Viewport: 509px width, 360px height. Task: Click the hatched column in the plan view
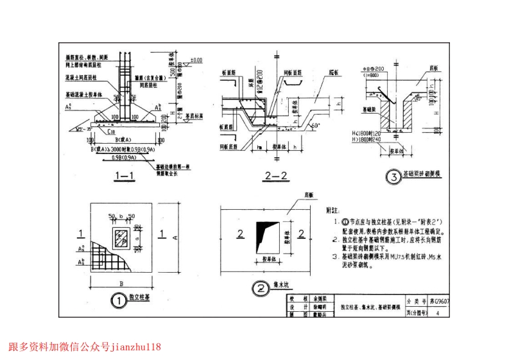[x=121, y=239]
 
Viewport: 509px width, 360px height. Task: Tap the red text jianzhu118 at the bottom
[x=136, y=347]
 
